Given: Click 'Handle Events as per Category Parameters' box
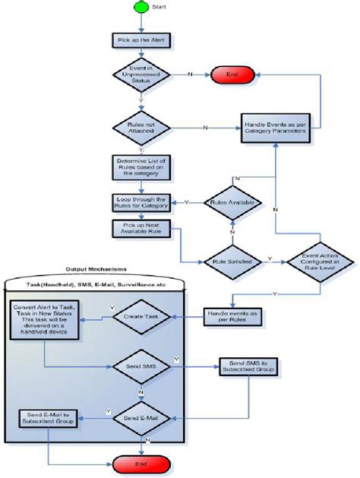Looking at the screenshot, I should coord(274,127).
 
